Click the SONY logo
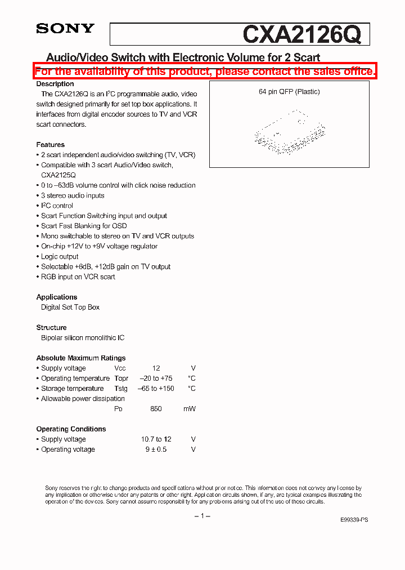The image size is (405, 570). (65, 29)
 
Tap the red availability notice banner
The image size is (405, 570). (205, 72)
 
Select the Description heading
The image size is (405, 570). (55, 84)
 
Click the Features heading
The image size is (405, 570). (51, 145)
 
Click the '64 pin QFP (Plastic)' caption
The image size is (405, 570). (289, 92)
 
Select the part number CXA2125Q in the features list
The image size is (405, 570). (58, 175)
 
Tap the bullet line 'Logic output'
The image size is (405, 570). (60, 256)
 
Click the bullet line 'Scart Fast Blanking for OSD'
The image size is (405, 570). (83, 226)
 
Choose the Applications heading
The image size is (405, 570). (57, 297)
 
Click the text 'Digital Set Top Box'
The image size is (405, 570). (70, 307)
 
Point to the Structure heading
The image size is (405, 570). (51, 327)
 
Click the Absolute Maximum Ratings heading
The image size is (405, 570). (81, 358)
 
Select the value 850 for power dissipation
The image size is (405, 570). (156, 408)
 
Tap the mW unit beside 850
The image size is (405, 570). (190, 408)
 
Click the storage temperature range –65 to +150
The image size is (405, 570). (157, 388)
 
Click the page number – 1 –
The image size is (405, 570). (202, 516)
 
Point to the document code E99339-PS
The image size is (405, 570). (355, 520)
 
